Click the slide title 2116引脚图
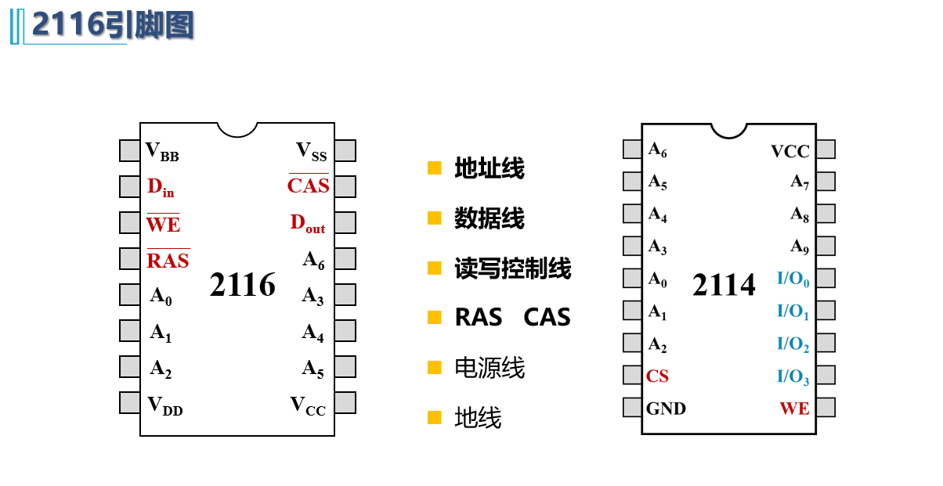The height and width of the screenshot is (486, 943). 112,26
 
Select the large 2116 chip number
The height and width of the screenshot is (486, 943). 243,286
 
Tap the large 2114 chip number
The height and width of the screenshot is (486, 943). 724,286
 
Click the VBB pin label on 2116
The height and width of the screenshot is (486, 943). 162,151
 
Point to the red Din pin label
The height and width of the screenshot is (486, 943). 161,188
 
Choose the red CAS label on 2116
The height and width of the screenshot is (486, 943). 308,186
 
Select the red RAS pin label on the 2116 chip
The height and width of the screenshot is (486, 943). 168,261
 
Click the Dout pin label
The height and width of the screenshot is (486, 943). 308,224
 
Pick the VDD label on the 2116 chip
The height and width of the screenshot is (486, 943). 164,405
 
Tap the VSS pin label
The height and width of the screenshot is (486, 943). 312,152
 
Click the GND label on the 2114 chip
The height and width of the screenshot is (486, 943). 666,409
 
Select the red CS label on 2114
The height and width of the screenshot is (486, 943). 657,376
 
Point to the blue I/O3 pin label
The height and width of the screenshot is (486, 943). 793,377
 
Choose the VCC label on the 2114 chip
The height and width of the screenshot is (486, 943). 790,152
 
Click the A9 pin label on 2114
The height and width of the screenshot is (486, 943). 799,247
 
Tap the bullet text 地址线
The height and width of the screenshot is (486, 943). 490,168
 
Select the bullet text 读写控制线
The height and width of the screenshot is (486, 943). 513,268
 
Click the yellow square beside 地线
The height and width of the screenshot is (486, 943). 435,418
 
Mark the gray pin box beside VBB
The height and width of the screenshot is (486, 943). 130,150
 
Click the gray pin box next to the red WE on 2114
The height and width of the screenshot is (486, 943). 826,408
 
